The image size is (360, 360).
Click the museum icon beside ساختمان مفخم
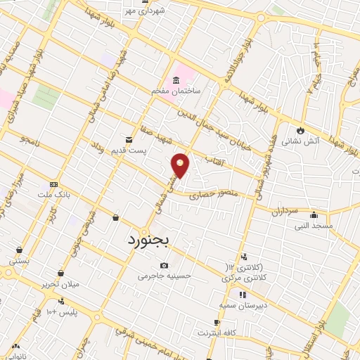pos(176,79)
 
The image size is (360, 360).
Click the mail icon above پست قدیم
pos(129,139)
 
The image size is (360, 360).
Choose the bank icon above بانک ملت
pos(54,184)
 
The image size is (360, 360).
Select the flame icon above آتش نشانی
pos(301,130)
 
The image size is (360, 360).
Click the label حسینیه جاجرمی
pos(164,276)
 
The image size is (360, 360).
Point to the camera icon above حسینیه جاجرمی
pos(164,265)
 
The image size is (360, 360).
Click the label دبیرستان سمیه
pos(241,306)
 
